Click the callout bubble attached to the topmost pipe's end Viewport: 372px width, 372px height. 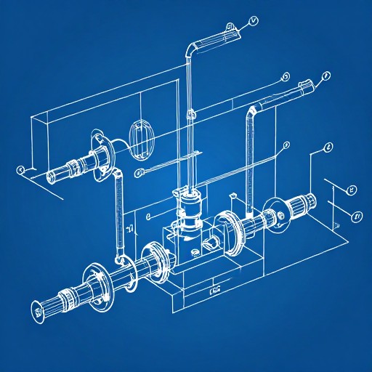[x=253, y=20]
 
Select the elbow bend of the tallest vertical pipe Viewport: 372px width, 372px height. [x=191, y=49]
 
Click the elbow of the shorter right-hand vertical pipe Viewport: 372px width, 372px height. [x=251, y=111]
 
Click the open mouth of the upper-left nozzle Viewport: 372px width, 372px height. [x=51, y=175]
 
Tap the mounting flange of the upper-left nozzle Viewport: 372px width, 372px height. [x=100, y=149]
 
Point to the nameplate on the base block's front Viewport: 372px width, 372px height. [x=215, y=291]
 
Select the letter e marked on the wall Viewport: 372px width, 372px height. [x=147, y=216]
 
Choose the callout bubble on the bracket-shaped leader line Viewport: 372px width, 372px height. [x=328, y=147]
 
